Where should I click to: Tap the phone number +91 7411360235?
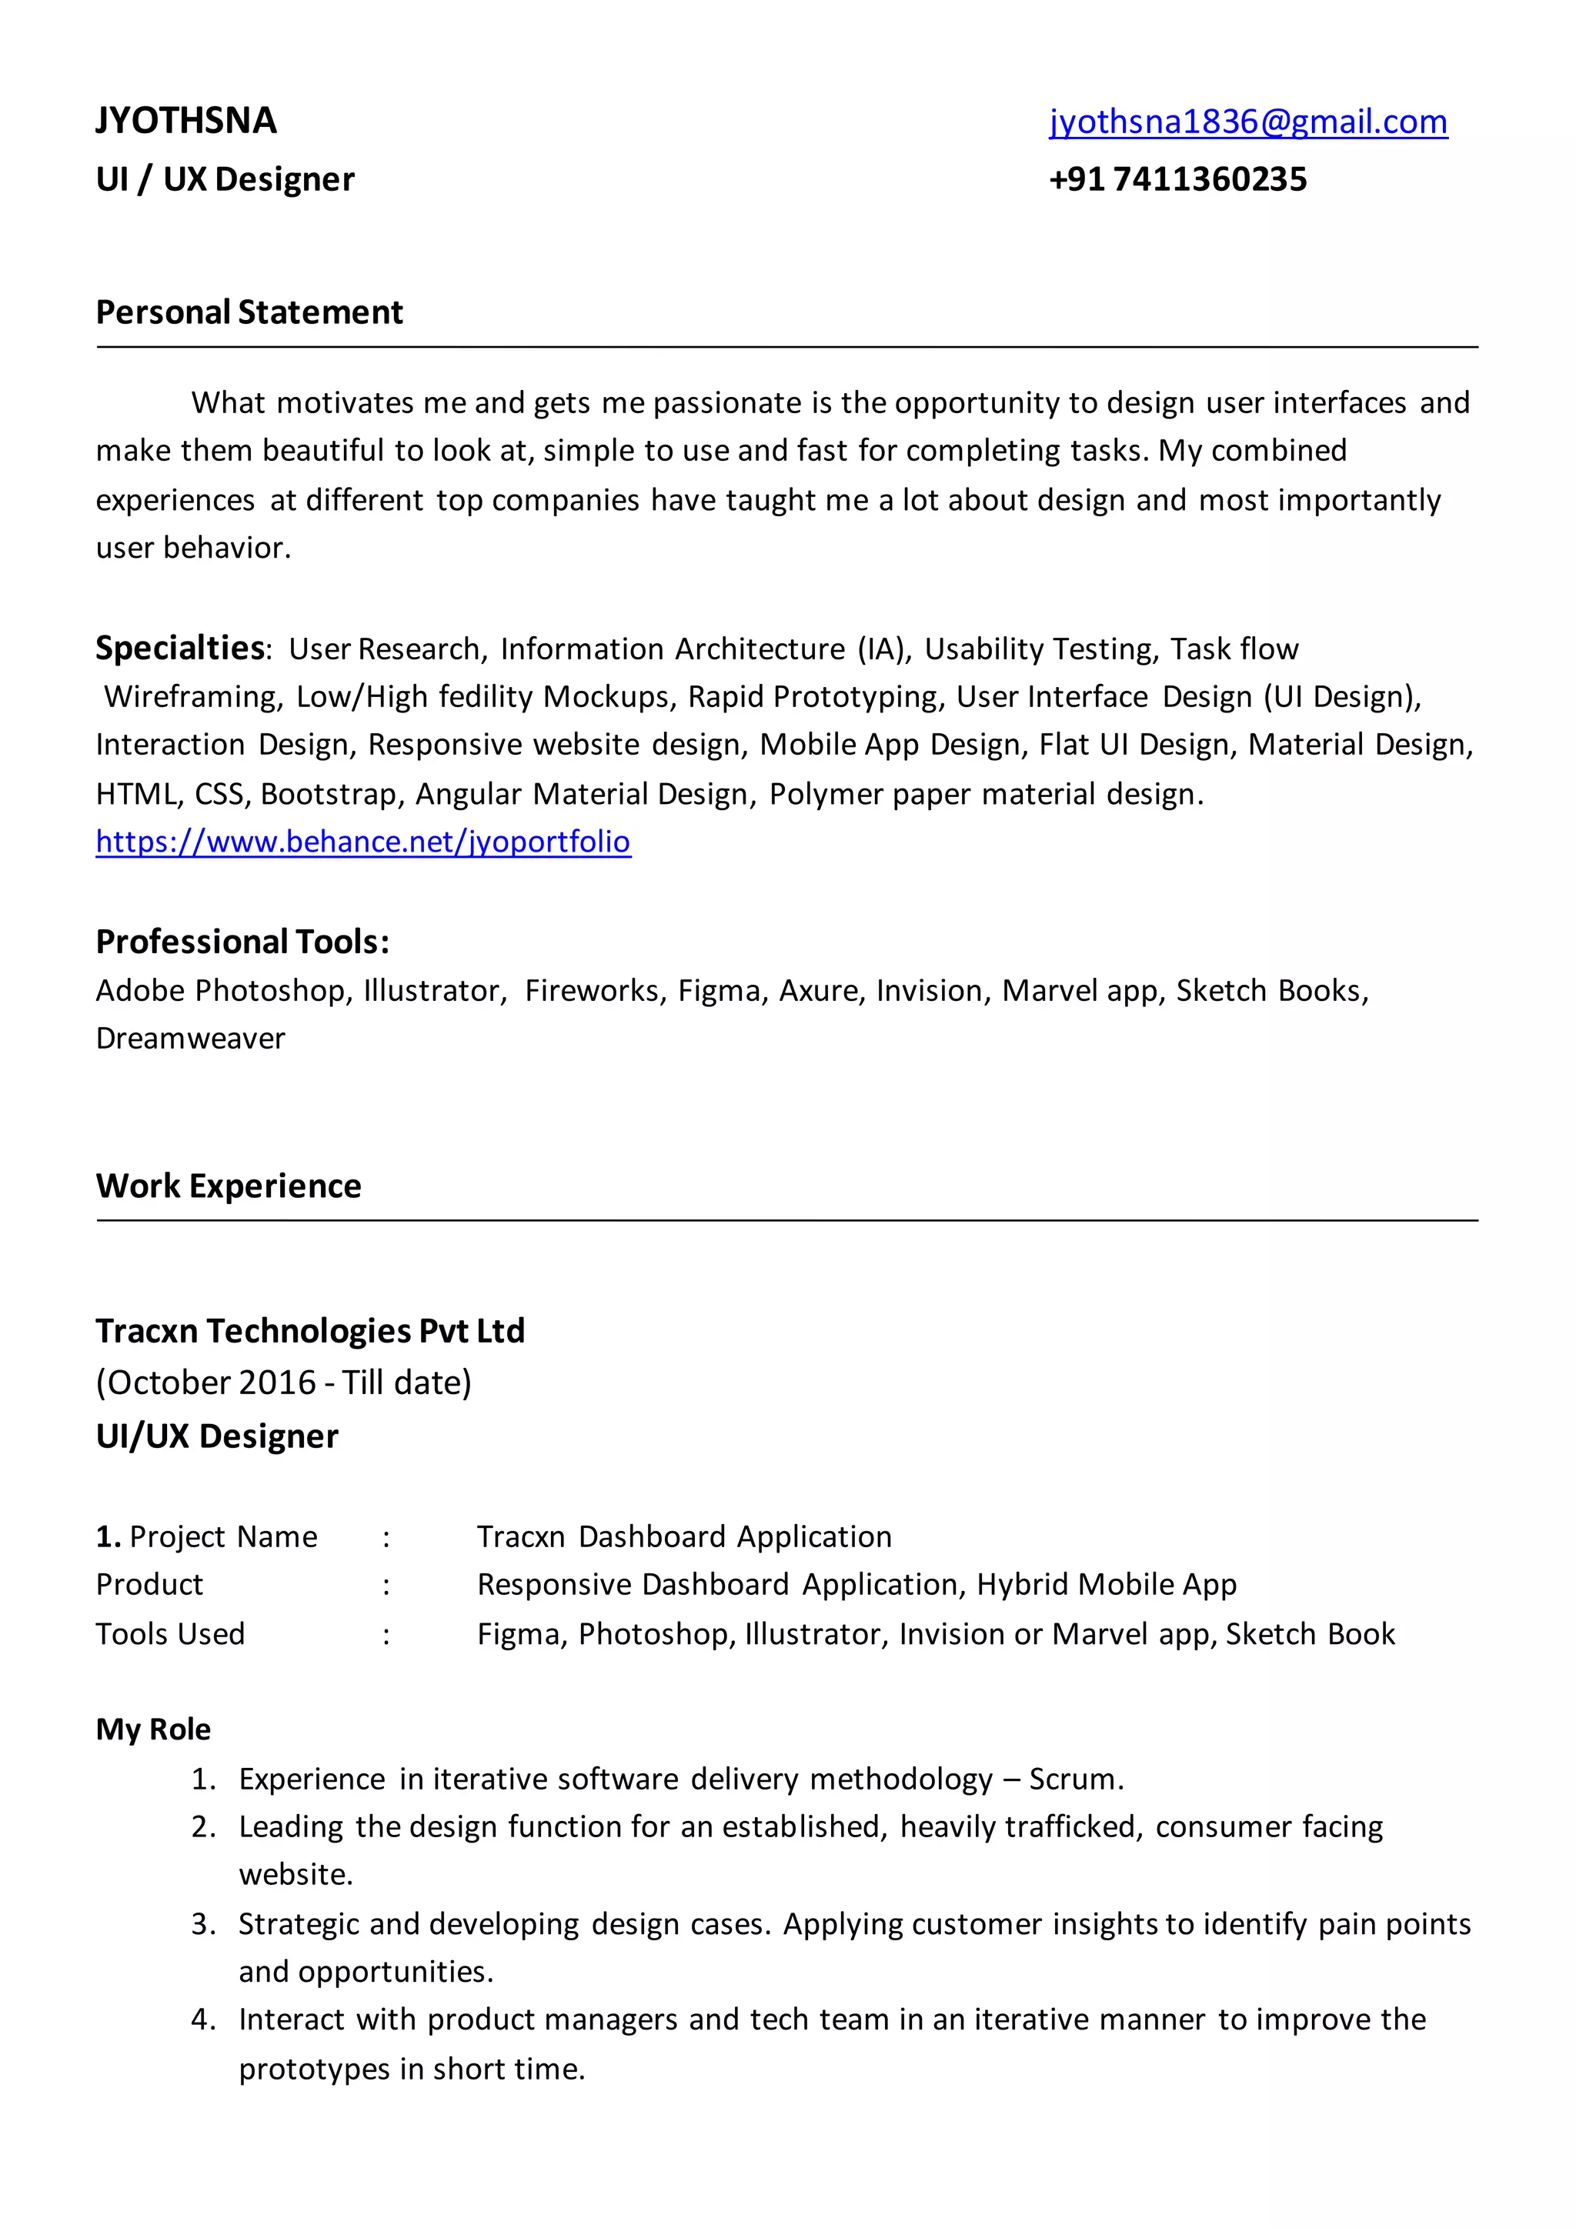[1177, 179]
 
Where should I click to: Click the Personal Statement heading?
[249, 312]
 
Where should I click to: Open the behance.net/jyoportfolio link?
[363, 842]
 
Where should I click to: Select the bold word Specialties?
[181, 647]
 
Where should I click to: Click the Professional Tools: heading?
[242, 941]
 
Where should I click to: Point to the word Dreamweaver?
[190, 1039]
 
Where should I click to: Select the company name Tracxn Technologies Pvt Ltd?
[309, 1330]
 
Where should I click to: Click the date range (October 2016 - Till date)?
[283, 1382]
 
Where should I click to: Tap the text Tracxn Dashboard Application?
[684, 1536]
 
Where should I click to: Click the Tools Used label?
[170, 1634]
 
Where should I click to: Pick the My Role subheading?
[153, 1729]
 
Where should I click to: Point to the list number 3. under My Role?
[203, 1923]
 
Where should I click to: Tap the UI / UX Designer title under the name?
[225, 179]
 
